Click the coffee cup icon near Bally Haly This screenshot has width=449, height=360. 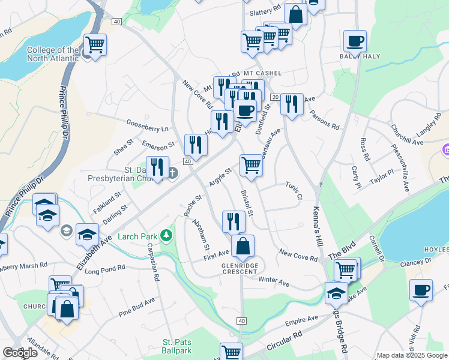click(x=355, y=41)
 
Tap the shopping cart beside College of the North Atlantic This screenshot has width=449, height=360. click(x=95, y=44)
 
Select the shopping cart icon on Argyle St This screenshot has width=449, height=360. click(x=251, y=164)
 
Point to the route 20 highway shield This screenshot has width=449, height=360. click(x=276, y=97)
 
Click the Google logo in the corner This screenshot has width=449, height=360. click(x=20, y=353)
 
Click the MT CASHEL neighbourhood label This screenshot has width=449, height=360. click(x=262, y=73)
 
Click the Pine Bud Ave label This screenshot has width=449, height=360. click(x=137, y=306)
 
